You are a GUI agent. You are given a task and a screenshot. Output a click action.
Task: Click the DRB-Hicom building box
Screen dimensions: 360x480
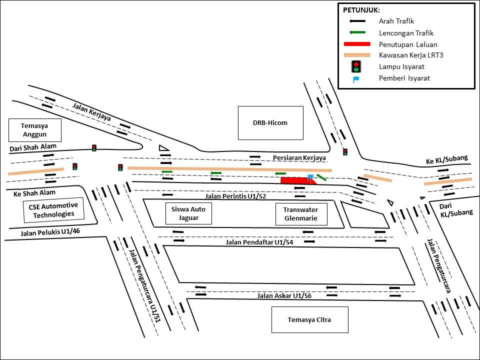point(270,123)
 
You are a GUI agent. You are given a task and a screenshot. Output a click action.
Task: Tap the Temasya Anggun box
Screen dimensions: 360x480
point(34,130)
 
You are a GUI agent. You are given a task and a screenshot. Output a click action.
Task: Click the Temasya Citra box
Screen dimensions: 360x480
point(309,320)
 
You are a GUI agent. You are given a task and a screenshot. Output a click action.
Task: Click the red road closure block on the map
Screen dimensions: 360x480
point(297,180)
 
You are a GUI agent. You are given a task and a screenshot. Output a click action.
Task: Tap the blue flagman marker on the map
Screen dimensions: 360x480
point(310,177)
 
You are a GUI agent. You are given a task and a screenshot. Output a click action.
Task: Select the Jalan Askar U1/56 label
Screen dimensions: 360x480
point(284,296)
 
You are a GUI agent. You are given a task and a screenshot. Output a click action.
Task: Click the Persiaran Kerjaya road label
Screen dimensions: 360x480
point(299,158)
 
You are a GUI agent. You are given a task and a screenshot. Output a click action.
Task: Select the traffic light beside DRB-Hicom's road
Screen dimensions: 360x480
point(345,151)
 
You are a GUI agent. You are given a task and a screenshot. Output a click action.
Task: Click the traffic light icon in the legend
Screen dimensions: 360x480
point(356,66)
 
